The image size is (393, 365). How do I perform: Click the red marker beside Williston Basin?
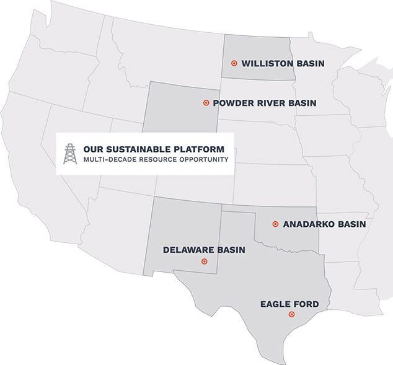coord(234,63)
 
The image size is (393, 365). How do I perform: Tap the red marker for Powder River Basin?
coord(206,103)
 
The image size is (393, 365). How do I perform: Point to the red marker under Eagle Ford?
coord(291,315)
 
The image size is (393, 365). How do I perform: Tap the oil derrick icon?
coord(71,154)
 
